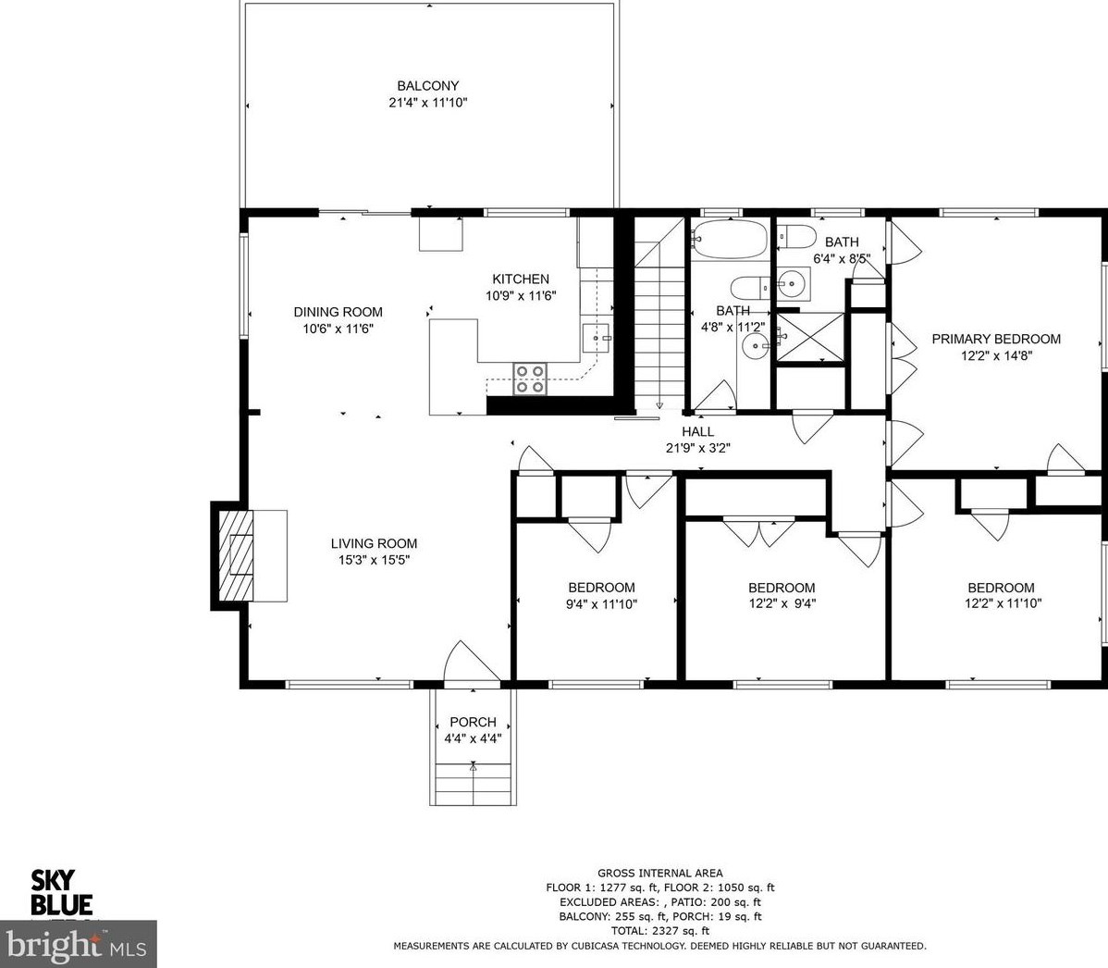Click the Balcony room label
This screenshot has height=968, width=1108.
coord(427,86)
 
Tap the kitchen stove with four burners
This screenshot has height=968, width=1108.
coord(530,379)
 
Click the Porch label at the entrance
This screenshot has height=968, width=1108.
coord(473,722)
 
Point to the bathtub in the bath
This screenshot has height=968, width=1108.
coord(729,240)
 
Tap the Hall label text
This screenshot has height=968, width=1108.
coord(697,431)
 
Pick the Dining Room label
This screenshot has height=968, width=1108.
coord(338,312)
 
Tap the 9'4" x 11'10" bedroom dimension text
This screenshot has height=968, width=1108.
coord(602,603)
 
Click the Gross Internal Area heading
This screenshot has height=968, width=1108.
coord(659,873)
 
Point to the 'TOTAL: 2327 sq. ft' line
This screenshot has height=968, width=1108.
coord(659,931)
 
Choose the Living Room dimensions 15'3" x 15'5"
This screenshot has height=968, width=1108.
coord(374,559)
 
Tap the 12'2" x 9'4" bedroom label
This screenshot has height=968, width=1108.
coord(782,603)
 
